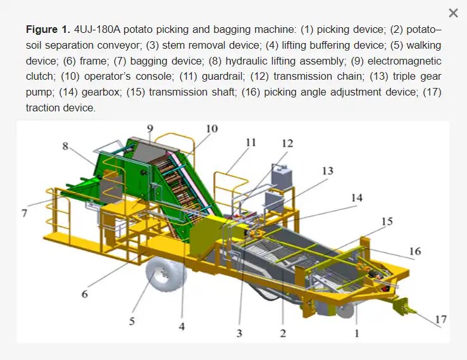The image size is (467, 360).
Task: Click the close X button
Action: pos(453,13)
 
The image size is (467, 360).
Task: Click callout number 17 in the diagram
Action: pos(441,320)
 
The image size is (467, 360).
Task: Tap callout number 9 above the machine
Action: pos(150,128)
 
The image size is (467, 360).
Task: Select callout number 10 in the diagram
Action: pos(212,128)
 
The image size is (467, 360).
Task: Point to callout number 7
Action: pos(25,213)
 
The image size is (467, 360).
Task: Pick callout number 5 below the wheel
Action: pos(132,321)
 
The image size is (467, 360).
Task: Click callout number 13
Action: pos(328,171)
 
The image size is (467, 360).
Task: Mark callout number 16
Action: pos(415,251)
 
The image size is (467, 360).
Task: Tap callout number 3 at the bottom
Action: pos(239,333)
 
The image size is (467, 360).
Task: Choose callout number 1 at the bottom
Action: pos(357,333)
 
